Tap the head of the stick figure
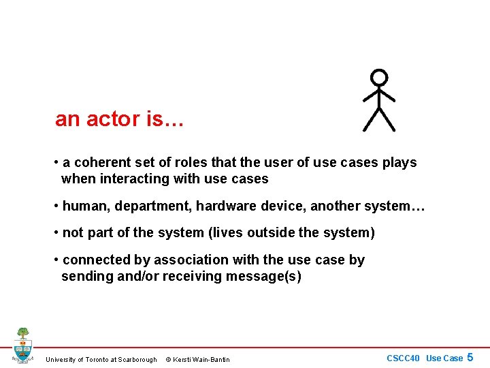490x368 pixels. (x=379, y=78)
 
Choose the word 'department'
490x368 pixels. (x=148, y=206)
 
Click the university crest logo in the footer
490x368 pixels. (x=22, y=346)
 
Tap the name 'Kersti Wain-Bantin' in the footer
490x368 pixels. (x=203, y=360)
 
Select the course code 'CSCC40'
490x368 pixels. (x=403, y=358)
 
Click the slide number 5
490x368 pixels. (x=470, y=357)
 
